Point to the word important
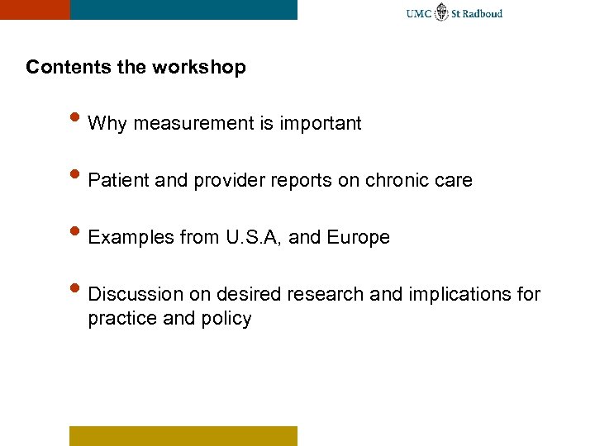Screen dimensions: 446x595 [x=321, y=124]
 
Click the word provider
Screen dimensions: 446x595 [x=226, y=180]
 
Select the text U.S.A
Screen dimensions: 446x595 [x=252, y=238]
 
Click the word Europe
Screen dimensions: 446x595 [x=358, y=238]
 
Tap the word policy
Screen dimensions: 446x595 [x=226, y=319]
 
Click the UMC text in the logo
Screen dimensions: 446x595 [x=419, y=13]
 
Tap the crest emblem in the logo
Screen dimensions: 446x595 [x=442, y=12]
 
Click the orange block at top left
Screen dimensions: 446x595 [x=35, y=9]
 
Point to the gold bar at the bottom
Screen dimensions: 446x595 [x=183, y=435]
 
